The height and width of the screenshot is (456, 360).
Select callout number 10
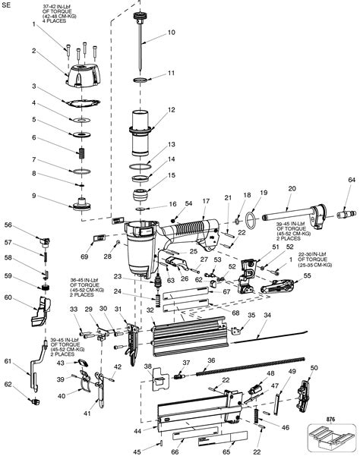[171, 32]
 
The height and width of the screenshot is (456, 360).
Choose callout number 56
[8, 225]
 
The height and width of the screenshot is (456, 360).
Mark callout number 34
[267, 315]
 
